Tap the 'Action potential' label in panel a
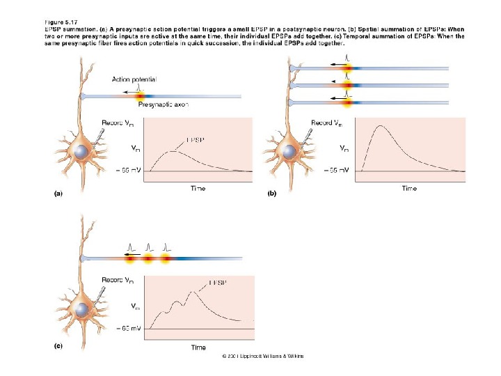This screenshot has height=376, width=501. [x=134, y=79]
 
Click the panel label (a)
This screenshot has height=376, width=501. [x=60, y=195]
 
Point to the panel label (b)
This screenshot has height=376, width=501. [x=271, y=195]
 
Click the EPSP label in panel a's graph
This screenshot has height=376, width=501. [x=196, y=139]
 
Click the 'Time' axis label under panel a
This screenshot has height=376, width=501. [x=198, y=188]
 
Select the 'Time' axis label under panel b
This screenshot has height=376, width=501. [x=409, y=188]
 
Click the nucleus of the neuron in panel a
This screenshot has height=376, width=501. [x=82, y=152]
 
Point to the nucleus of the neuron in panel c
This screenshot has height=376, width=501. [x=82, y=308]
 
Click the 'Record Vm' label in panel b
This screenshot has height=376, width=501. [x=326, y=123]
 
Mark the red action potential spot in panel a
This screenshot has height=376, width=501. [x=140, y=95]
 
